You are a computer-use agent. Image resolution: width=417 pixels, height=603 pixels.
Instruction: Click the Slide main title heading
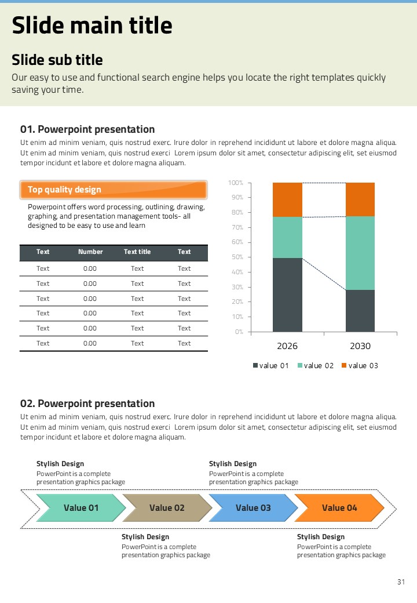pyautogui.click(x=92, y=26)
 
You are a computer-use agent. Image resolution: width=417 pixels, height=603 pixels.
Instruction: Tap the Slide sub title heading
pyautogui.click(x=57, y=60)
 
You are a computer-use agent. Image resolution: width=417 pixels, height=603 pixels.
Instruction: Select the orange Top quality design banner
pyautogui.click(x=114, y=190)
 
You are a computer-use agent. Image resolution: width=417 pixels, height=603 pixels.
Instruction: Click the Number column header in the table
pyautogui.click(x=90, y=252)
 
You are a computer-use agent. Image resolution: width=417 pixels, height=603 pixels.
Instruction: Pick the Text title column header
pyautogui.click(x=137, y=252)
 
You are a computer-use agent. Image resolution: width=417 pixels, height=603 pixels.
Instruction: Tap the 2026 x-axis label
pyautogui.click(x=287, y=346)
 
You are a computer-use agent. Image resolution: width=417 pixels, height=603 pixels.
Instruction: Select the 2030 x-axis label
pyautogui.click(x=360, y=346)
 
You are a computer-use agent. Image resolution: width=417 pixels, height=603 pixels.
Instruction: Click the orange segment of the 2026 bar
pyautogui.click(x=287, y=200)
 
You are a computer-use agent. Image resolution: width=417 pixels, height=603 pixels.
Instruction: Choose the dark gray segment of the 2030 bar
pyautogui.click(x=360, y=311)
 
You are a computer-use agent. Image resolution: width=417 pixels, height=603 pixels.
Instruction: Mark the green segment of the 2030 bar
pyautogui.click(x=360, y=253)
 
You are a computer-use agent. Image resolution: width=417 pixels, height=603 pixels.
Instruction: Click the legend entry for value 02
pyautogui.click(x=316, y=365)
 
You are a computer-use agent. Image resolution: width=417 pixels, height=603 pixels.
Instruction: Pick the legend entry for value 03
pyautogui.click(x=360, y=365)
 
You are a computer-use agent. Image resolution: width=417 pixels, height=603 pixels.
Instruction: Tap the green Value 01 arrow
pyautogui.click(x=81, y=508)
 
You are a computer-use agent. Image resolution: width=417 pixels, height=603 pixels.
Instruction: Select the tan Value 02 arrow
pyautogui.click(x=167, y=508)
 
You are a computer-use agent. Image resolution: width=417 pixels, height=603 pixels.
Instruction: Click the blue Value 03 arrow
pyautogui.click(x=253, y=508)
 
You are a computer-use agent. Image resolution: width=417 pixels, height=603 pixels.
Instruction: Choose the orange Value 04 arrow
pyautogui.click(x=339, y=508)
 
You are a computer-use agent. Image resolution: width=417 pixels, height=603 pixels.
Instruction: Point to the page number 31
pyautogui.click(x=401, y=582)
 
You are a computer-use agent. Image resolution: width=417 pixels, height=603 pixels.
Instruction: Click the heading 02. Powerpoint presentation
pyautogui.click(x=87, y=404)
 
